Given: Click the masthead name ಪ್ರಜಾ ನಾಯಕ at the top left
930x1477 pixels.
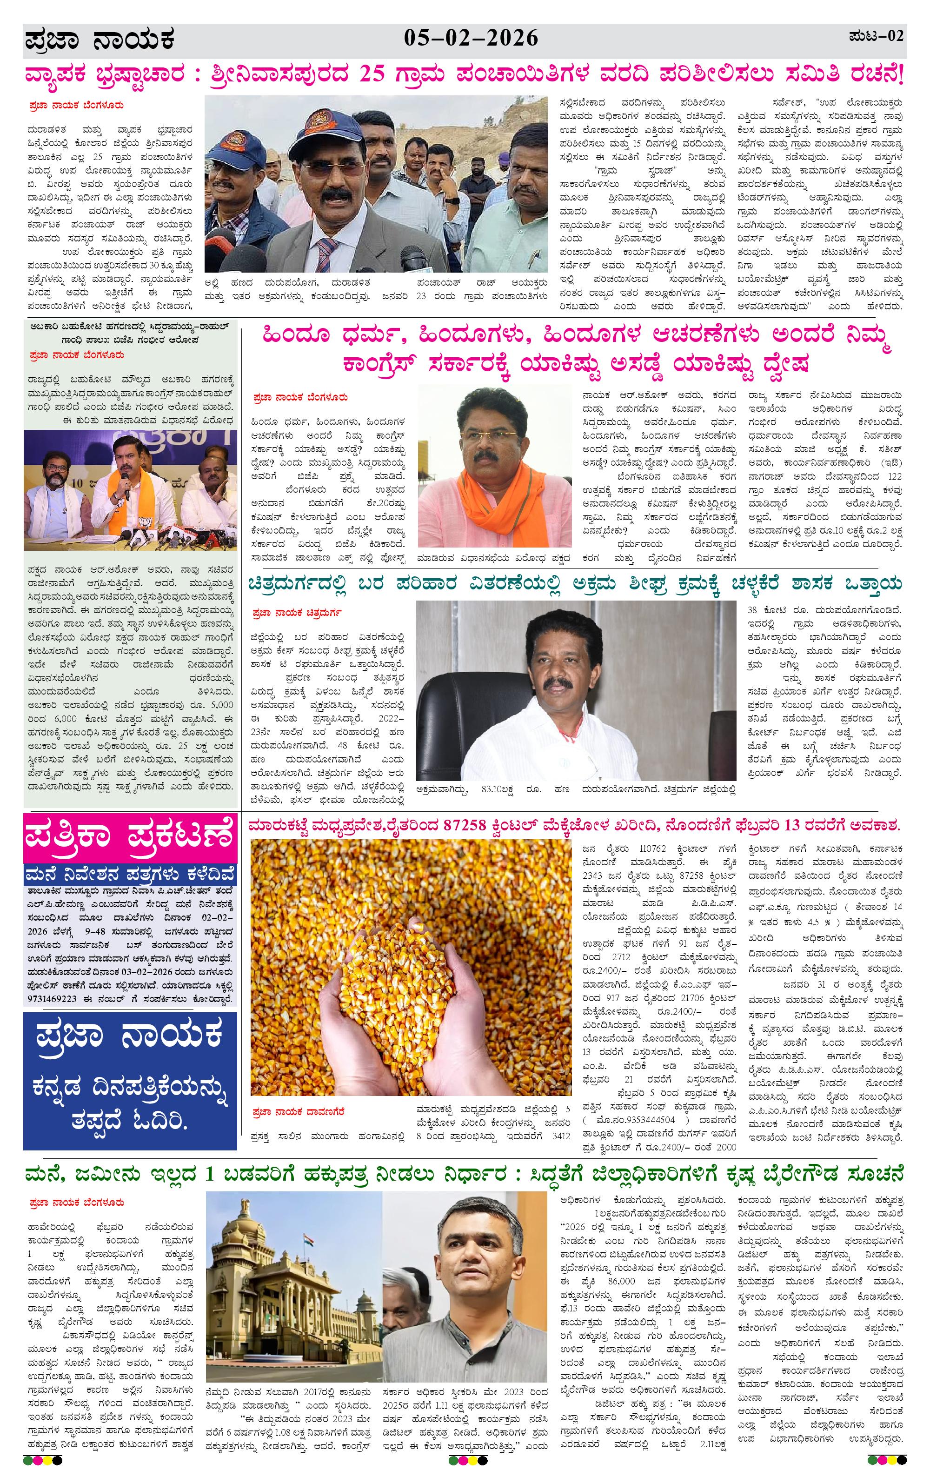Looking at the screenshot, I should coord(100,41).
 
